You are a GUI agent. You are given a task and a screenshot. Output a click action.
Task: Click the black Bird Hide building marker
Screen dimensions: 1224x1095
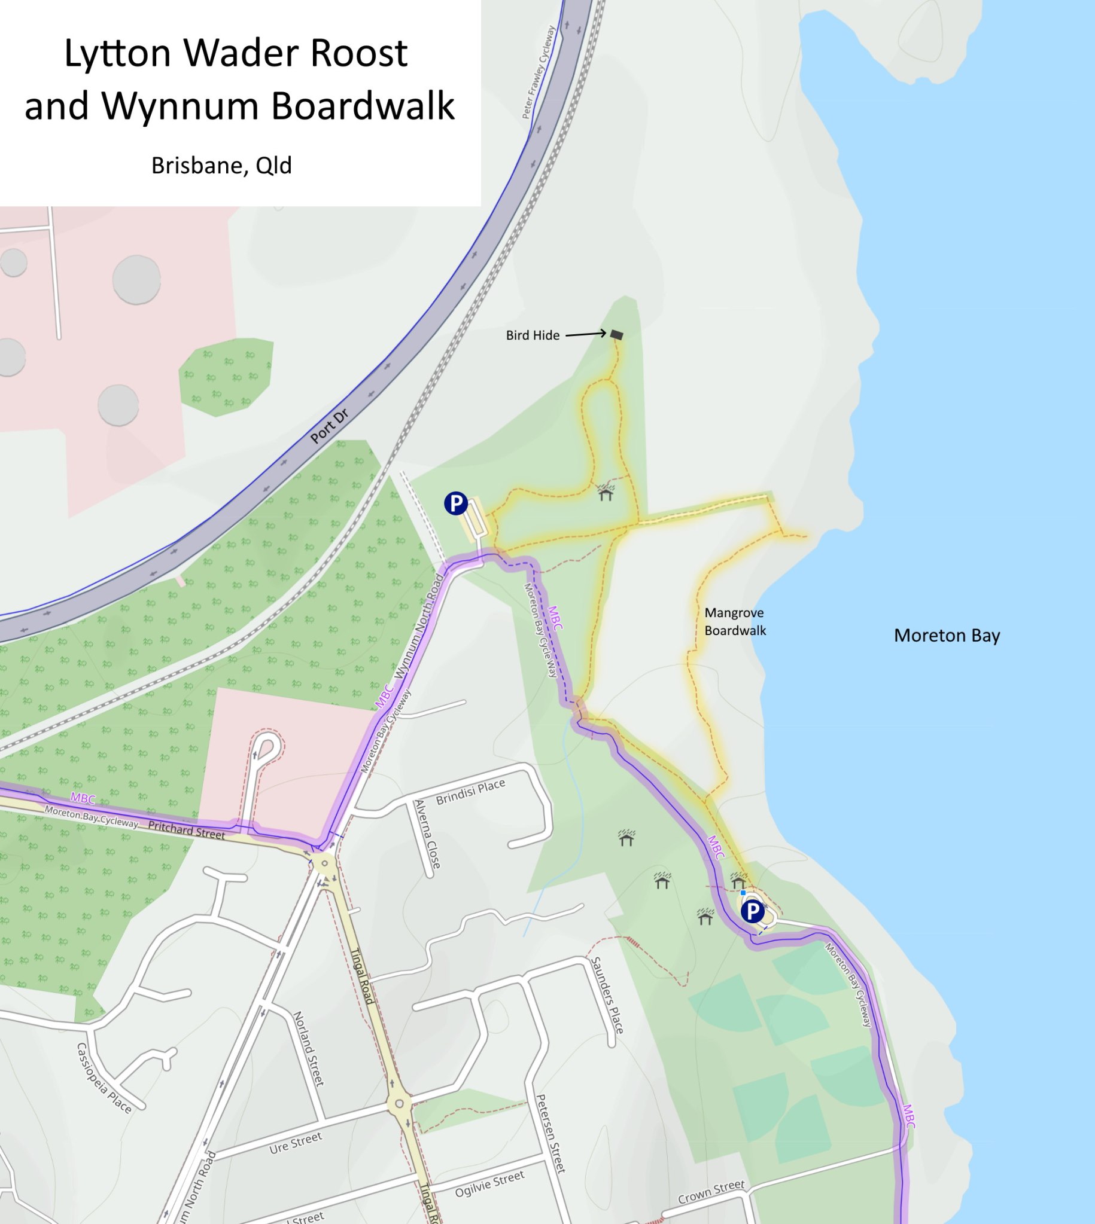pos(617,335)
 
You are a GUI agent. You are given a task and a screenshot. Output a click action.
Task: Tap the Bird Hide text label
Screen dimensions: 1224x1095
pos(533,335)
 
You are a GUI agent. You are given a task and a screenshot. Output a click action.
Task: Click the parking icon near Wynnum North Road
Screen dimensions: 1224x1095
pos(456,503)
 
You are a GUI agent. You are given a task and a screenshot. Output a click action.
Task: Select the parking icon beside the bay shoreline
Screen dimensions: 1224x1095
pos(752,912)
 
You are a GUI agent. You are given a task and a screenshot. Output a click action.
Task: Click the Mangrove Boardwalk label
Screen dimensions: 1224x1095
pos(735,622)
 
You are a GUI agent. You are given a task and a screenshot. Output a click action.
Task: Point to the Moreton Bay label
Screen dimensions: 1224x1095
pos(947,636)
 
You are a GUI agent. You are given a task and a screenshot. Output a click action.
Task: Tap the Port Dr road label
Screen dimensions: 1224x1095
pos(330,426)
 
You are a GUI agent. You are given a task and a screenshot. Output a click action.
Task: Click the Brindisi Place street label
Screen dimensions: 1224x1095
pos(470,792)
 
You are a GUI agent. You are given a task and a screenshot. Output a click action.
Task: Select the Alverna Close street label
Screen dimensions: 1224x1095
pos(428,834)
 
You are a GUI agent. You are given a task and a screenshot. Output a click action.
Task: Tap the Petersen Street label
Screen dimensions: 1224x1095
pos(550,1133)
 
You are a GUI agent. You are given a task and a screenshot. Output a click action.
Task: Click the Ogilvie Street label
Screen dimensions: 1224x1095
pos(489,1184)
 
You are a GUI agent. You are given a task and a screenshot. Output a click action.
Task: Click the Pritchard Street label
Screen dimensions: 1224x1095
pos(187,830)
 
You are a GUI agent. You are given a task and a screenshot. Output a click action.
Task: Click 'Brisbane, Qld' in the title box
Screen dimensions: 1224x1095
pos(221,165)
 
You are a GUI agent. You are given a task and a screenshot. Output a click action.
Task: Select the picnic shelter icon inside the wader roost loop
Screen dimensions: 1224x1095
pos(606,493)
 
